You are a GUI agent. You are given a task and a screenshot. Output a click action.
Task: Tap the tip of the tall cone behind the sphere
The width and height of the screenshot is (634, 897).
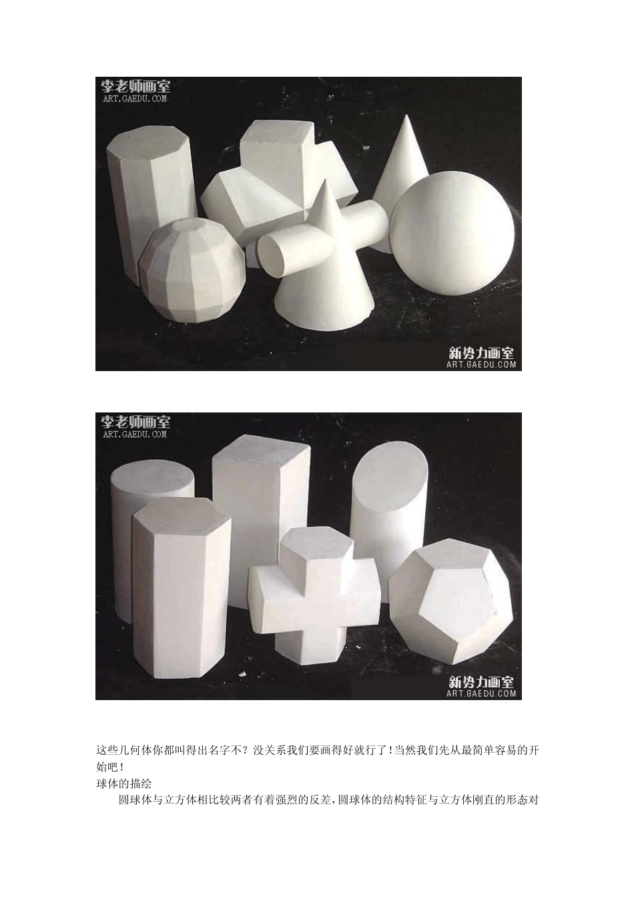[x=407, y=115]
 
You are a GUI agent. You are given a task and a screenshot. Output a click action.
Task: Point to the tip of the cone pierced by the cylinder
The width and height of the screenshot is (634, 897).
[x=325, y=180]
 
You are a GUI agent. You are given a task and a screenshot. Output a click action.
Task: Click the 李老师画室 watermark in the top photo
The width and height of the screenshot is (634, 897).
[x=135, y=85]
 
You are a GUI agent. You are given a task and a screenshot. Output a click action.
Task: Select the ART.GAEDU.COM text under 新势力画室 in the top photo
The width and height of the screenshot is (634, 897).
[x=481, y=364]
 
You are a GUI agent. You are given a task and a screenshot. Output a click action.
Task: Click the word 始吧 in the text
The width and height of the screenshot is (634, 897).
[x=107, y=767]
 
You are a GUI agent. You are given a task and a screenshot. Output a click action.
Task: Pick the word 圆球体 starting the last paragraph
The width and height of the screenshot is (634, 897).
[x=135, y=800]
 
